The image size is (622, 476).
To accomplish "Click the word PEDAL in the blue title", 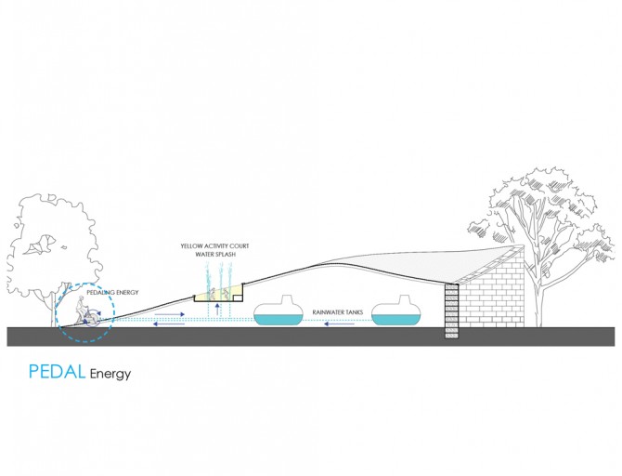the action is (58, 371).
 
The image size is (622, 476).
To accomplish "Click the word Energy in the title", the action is (110, 374).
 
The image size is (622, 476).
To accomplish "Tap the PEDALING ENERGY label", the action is (113, 293).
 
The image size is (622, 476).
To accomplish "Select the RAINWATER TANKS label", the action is (338, 312).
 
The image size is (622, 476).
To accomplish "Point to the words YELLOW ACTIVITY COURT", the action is (215, 246).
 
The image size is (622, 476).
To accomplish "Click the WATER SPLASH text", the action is (215, 255).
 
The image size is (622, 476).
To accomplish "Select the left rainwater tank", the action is (279, 311).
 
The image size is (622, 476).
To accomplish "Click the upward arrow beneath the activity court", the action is (217, 310).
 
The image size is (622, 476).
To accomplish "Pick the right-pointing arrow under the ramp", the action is (169, 314).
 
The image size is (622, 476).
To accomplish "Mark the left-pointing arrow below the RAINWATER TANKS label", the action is (339, 324).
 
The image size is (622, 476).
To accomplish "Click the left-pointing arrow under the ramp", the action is (169, 324).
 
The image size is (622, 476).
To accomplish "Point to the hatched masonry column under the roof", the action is (452, 311).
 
